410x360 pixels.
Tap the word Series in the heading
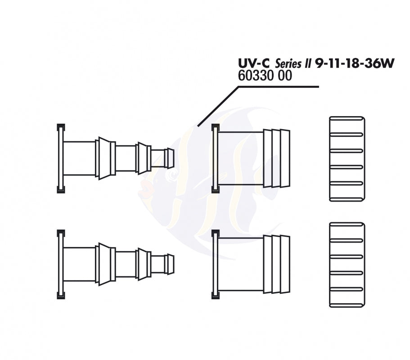pos(288,63)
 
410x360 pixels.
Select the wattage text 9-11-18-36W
pos(354,63)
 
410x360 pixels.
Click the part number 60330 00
pos(265,76)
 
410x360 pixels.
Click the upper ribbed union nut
pos(347,159)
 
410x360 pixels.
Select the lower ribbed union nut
pos(347,265)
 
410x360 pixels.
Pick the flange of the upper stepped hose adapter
pos(61,158)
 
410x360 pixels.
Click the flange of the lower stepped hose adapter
pos(61,264)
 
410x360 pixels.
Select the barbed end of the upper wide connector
pos(277,158)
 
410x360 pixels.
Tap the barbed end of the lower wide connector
pos(277,264)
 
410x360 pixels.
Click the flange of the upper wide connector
pos(215,158)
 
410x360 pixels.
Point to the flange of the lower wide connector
pos(215,264)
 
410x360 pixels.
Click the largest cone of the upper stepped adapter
pos(104,158)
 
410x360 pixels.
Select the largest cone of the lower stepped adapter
pos(104,264)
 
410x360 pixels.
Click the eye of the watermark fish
pos(172,174)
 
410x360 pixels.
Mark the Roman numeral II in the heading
pos(307,63)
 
